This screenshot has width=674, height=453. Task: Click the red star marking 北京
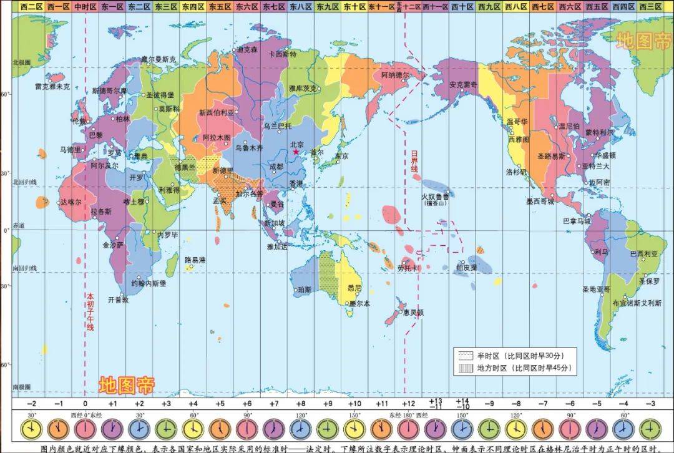click(296, 152)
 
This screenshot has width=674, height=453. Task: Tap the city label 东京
click(341, 156)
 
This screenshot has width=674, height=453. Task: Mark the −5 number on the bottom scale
click(596, 404)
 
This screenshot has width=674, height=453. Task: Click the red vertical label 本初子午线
click(90, 312)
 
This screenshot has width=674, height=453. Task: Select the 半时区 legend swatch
click(466, 356)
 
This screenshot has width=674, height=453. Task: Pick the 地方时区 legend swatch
click(466, 369)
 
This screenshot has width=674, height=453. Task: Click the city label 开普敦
click(117, 300)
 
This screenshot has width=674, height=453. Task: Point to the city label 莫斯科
click(168, 109)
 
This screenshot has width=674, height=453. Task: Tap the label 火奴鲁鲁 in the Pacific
click(434, 196)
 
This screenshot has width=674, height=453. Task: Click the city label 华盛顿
click(605, 155)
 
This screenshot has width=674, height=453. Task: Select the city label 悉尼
click(354, 288)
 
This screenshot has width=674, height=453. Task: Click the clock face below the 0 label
click(85, 429)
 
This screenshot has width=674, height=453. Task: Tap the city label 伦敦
click(79, 120)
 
